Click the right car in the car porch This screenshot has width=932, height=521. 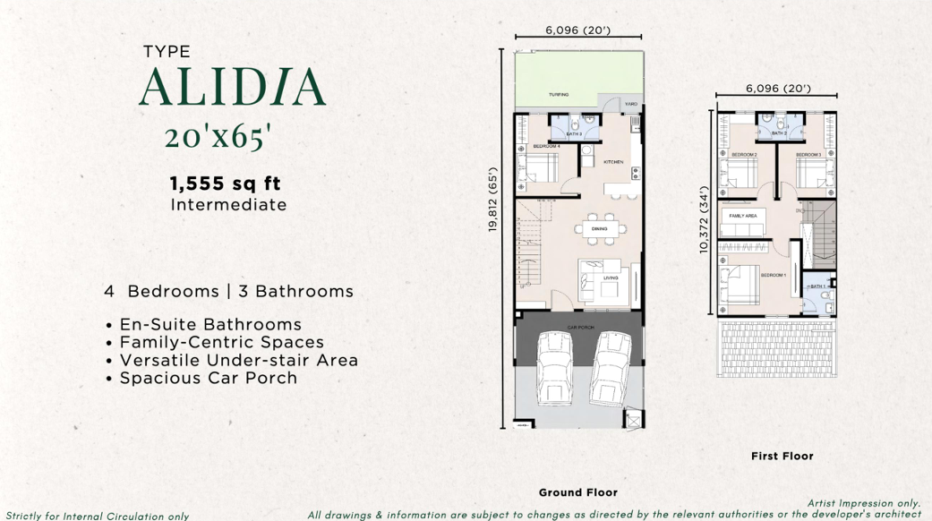click(x=612, y=368)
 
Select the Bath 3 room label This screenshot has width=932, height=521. click(x=574, y=134)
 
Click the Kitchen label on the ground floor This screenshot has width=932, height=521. click(x=613, y=162)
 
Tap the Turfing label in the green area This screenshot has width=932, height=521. click(x=559, y=94)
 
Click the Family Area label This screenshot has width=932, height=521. click(x=743, y=216)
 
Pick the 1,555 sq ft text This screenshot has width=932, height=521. click(x=226, y=184)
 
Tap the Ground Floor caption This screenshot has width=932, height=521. click(x=577, y=492)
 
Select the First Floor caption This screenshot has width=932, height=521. click(x=782, y=456)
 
